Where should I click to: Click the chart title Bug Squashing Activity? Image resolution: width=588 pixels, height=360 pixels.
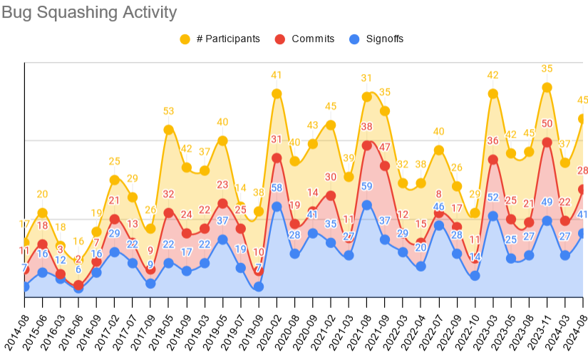click(89, 12)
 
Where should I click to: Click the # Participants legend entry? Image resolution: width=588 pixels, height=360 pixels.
click(227, 38)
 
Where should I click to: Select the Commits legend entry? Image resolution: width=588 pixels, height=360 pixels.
click(312, 38)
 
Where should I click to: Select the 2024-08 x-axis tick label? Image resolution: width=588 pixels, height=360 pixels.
click(575, 327)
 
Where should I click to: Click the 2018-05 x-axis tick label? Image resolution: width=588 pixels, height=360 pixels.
click(159, 327)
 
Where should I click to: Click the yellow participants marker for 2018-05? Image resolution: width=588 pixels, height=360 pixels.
click(168, 130)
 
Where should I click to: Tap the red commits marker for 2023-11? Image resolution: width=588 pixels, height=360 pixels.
click(547, 142)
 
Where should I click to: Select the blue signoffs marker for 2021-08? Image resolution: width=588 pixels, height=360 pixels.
click(366, 205)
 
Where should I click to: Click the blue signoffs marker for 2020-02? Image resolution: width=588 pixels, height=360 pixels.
click(277, 207)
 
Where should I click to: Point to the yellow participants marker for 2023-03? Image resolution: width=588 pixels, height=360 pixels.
click(492, 93)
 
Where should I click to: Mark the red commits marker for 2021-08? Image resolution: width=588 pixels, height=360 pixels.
click(366, 145)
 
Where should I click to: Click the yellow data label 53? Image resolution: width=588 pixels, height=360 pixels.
click(168, 111)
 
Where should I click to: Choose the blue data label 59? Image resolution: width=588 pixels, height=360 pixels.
click(366, 187)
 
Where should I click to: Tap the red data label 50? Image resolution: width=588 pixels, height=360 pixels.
click(547, 124)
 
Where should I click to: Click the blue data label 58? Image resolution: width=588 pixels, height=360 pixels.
click(277, 188)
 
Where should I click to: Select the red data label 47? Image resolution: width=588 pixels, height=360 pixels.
click(385, 148)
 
